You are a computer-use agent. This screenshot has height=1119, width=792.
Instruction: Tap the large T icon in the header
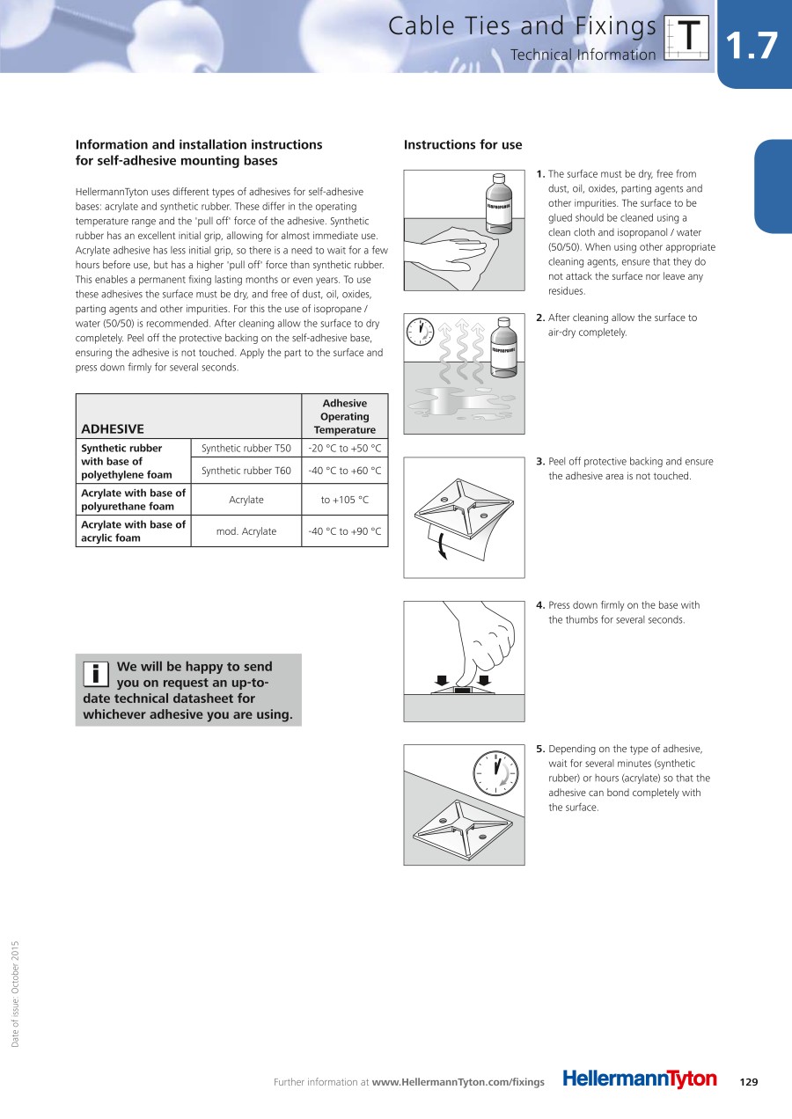[688, 38]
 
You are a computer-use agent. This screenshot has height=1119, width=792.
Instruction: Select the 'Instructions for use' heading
[463, 145]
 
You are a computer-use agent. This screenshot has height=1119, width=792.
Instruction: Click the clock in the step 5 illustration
[495, 773]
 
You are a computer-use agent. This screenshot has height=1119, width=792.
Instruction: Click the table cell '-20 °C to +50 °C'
[344, 449]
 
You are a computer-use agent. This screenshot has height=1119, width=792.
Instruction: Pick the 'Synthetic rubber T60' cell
[246, 471]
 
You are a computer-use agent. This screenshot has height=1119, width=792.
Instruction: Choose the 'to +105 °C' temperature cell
[344, 500]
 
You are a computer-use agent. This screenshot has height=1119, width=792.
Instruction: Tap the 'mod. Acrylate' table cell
[246, 531]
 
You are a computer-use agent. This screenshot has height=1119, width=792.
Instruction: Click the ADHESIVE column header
[113, 429]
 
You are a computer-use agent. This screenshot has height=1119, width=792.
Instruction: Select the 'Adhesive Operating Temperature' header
[344, 416]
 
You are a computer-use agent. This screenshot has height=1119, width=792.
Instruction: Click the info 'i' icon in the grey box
[95, 674]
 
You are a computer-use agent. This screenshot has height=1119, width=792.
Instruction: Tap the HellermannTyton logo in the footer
[640, 1079]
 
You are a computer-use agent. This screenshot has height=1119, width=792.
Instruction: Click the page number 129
[749, 1082]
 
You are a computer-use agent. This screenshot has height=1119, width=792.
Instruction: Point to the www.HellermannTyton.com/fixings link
[458, 1082]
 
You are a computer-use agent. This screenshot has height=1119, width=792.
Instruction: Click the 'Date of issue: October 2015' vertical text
[15, 994]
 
